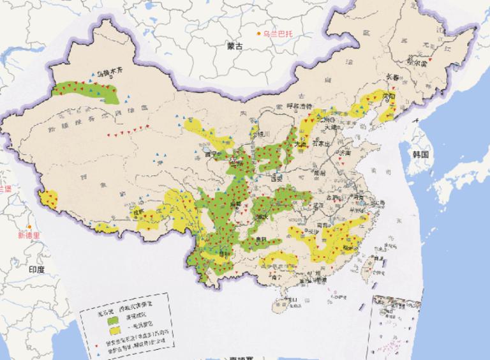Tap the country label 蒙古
coord(235,46)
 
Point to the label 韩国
coord(420,154)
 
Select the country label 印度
coord(36,269)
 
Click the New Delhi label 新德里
coord(29,235)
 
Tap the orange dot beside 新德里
coord(29,227)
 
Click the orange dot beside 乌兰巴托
coord(258,33)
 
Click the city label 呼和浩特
coord(300,106)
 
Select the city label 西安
coord(277,180)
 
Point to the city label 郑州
coord(319,172)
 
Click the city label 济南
coord(345,153)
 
